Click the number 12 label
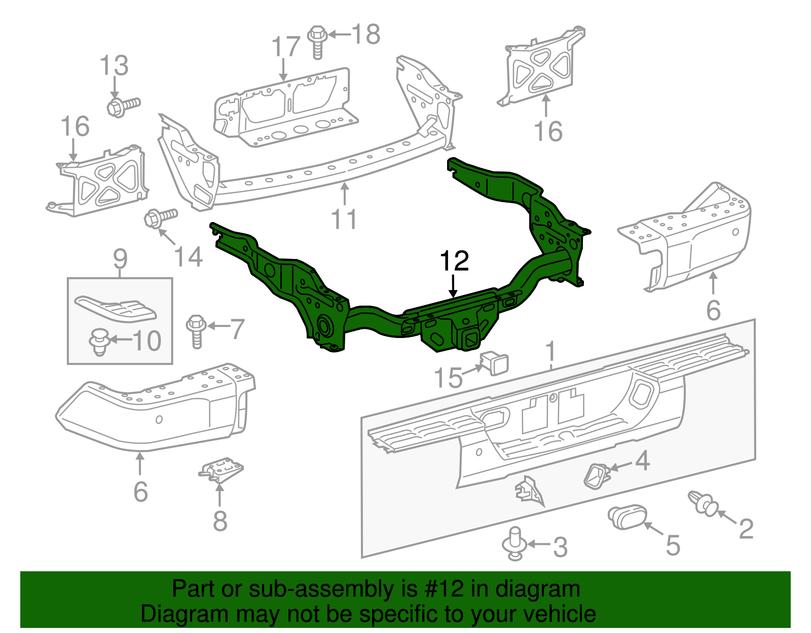tap(454, 262)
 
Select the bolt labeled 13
tap(122, 106)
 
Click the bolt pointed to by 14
tap(160, 218)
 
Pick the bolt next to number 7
tap(197, 330)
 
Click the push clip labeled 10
tap(100, 341)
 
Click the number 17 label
tap(286, 47)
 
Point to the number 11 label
tap(344, 219)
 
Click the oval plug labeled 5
tap(626, 517)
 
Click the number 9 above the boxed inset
tap(120, 259)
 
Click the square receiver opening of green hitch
tap(470, 338)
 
